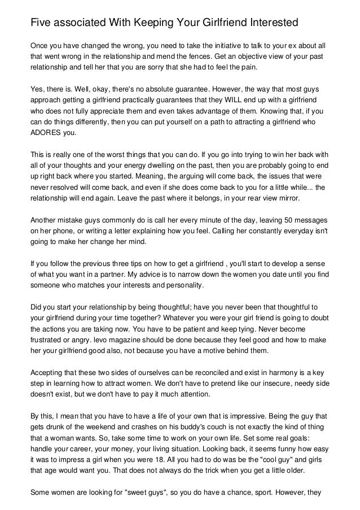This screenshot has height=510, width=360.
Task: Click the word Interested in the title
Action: [x=269, y=24]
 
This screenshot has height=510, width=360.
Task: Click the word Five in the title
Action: [x=41, y=24]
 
